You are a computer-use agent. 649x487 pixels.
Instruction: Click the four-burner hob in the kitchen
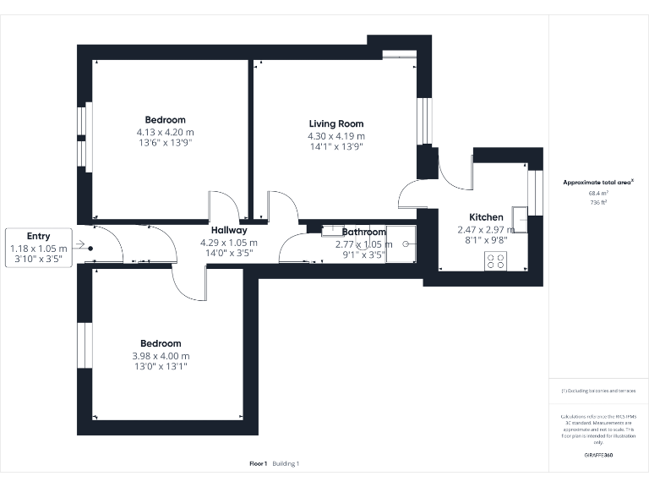496,261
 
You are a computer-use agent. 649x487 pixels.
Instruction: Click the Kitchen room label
486,217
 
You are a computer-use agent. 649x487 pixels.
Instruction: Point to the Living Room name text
335,124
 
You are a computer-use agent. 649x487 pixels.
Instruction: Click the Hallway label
228,230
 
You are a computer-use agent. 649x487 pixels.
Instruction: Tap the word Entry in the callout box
38,237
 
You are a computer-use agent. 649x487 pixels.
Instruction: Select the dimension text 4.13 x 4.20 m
165,133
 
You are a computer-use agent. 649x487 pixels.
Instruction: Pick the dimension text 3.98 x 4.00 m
161,356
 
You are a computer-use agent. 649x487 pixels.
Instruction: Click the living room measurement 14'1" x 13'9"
335,146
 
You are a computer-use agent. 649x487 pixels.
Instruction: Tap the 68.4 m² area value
598,193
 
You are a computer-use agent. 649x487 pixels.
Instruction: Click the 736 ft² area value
598,203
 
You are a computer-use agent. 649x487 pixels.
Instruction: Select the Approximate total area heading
597,182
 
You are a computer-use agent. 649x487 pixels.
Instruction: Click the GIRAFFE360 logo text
598,456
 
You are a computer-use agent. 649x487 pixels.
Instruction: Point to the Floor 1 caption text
259,463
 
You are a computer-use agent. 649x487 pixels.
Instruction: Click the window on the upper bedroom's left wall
83,136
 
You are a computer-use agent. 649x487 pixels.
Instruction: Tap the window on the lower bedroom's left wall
83,344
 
